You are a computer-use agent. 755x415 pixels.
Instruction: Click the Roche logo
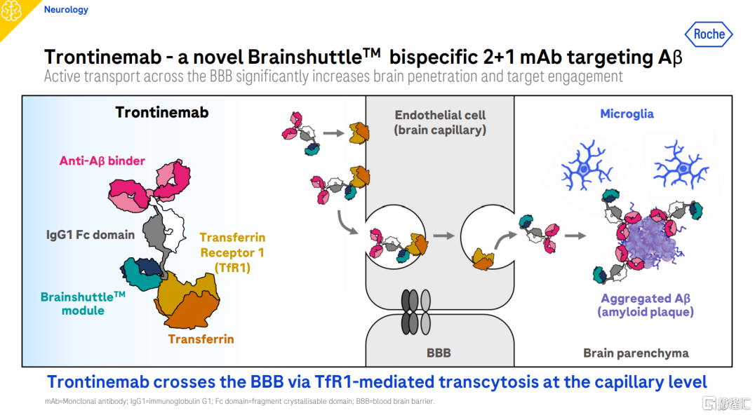coord(708,34)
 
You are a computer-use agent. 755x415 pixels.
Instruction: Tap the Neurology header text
coord(66,10)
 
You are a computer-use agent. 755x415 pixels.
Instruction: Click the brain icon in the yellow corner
coord(11,11)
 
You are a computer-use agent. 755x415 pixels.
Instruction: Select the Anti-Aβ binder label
coord(102,161)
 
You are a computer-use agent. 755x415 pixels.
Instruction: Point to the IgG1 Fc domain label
coord(91,235)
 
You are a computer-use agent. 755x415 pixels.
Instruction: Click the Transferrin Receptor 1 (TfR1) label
coord(232,252)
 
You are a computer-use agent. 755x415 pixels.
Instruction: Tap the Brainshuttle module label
coord(83,304)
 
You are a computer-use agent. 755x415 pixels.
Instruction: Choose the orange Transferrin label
coord(201,339)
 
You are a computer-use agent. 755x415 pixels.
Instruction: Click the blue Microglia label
coord(627,114)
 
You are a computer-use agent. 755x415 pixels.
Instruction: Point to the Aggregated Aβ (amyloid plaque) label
coord(646,306)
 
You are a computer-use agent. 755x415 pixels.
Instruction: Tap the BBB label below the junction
coord(439,353)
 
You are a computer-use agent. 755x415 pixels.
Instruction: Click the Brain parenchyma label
coord(636,353)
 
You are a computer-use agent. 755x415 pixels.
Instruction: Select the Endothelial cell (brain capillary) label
coord(440,122)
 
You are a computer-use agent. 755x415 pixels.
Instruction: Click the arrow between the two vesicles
coord(443,236)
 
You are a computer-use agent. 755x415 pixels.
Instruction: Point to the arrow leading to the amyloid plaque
coord(575,236)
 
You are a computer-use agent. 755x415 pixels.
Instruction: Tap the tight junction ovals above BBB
coord(415,312)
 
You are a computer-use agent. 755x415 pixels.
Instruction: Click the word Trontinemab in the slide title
coord(102,57)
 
